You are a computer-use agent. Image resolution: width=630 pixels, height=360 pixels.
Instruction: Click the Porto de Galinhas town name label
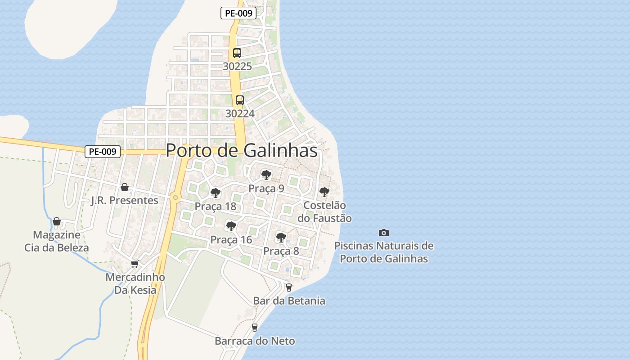242,151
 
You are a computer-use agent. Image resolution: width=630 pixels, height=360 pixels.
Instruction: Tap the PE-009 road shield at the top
238,13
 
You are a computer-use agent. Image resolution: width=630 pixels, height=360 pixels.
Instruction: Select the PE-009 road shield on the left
103,152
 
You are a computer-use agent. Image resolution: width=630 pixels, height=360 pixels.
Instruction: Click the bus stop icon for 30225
237,53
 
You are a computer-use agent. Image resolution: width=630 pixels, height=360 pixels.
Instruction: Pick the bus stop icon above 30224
240,100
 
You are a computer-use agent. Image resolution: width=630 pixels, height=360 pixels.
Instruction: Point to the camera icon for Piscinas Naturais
383,233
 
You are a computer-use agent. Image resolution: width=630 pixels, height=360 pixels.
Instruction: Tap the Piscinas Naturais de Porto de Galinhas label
384,252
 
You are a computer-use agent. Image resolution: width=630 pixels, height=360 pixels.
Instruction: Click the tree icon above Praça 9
266,175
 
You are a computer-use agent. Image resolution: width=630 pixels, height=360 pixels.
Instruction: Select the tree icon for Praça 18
216,193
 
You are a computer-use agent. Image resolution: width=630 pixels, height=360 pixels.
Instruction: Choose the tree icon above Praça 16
231,226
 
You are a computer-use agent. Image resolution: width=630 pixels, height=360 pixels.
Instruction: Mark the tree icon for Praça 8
281,237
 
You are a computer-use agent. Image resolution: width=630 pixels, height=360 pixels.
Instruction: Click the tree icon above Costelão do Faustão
324,192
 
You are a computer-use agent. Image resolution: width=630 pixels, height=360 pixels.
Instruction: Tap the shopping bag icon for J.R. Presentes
125,187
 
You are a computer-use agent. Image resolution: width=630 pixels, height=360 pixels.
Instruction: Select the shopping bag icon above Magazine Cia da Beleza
57,221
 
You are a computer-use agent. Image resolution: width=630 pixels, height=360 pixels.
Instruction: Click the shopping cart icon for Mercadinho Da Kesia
135,264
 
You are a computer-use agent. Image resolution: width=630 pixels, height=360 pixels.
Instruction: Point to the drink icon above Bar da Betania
288,287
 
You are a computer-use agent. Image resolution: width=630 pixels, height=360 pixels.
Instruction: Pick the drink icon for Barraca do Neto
255,327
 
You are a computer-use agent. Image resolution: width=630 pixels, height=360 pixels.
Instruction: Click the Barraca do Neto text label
255,341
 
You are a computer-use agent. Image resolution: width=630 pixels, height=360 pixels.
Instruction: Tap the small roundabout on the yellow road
175,197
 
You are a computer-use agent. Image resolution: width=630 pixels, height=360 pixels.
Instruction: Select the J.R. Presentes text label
125,201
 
